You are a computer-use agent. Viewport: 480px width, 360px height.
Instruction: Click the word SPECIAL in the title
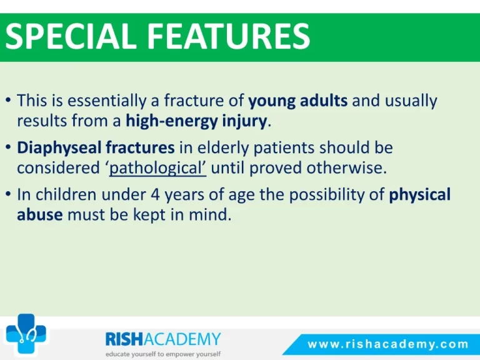coord(71,37)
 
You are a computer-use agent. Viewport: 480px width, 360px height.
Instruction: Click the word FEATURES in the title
coord(229,37)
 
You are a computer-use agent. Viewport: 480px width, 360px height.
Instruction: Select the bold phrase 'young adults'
coord(298,101)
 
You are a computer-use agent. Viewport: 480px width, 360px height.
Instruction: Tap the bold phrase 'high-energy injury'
coord(196,121)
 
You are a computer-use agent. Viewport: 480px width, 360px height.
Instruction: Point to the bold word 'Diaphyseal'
coord(59,148)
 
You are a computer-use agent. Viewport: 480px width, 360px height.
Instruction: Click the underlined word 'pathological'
coord(158,168)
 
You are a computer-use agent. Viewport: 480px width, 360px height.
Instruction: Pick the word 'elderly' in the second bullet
coord(223,148)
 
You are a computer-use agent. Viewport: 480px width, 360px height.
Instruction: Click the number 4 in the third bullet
coord(155,195)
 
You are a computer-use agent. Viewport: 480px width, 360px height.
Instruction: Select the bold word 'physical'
coord(420,195)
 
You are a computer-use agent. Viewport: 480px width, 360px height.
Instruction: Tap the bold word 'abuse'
coord(40,214)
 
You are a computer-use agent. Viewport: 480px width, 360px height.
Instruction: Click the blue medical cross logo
coord(26,334)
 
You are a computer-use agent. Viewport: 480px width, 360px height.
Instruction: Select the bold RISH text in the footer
coord(124,339)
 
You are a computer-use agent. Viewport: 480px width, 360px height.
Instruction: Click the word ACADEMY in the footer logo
coord(182,339)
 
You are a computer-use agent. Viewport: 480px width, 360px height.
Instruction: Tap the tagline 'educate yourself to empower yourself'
coord(163,354)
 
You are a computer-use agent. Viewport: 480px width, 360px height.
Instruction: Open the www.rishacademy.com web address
coord(388,344)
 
